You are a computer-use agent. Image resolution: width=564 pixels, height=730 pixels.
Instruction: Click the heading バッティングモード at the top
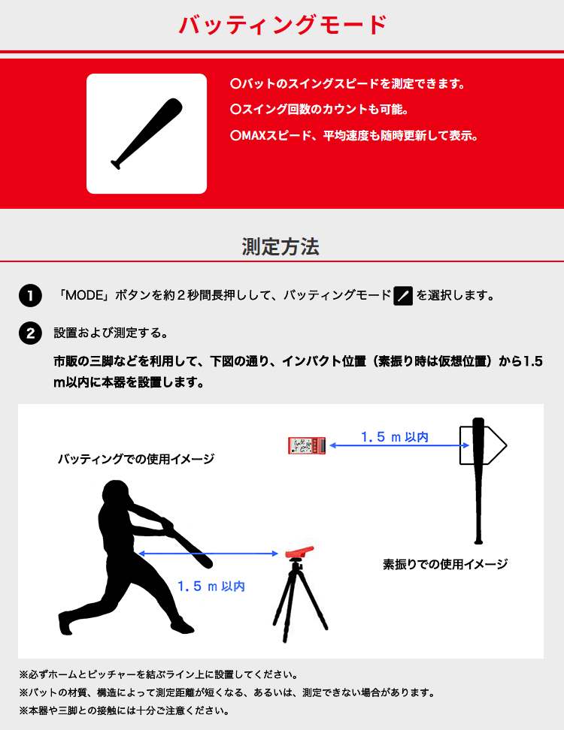click(282, 26)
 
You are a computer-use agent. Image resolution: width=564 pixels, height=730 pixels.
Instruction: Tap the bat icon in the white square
click(147, 134)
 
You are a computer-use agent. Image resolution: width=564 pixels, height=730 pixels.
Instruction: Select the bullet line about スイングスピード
click(347, 84)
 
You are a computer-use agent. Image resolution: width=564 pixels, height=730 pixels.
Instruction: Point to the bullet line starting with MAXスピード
click(353, 136)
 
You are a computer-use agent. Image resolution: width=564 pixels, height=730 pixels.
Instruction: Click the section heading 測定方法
click(280, 246)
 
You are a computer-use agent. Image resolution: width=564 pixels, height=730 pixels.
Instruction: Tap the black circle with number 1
click(29, 295)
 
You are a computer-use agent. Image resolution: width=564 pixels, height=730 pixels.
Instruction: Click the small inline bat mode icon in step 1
click(403, 296)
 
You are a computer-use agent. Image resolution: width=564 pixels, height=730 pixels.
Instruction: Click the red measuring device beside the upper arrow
click(307, 446)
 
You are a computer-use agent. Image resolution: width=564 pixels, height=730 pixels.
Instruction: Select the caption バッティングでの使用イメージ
click(135, 459)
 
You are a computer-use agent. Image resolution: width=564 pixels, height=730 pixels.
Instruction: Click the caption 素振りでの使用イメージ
click(444, 563)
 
